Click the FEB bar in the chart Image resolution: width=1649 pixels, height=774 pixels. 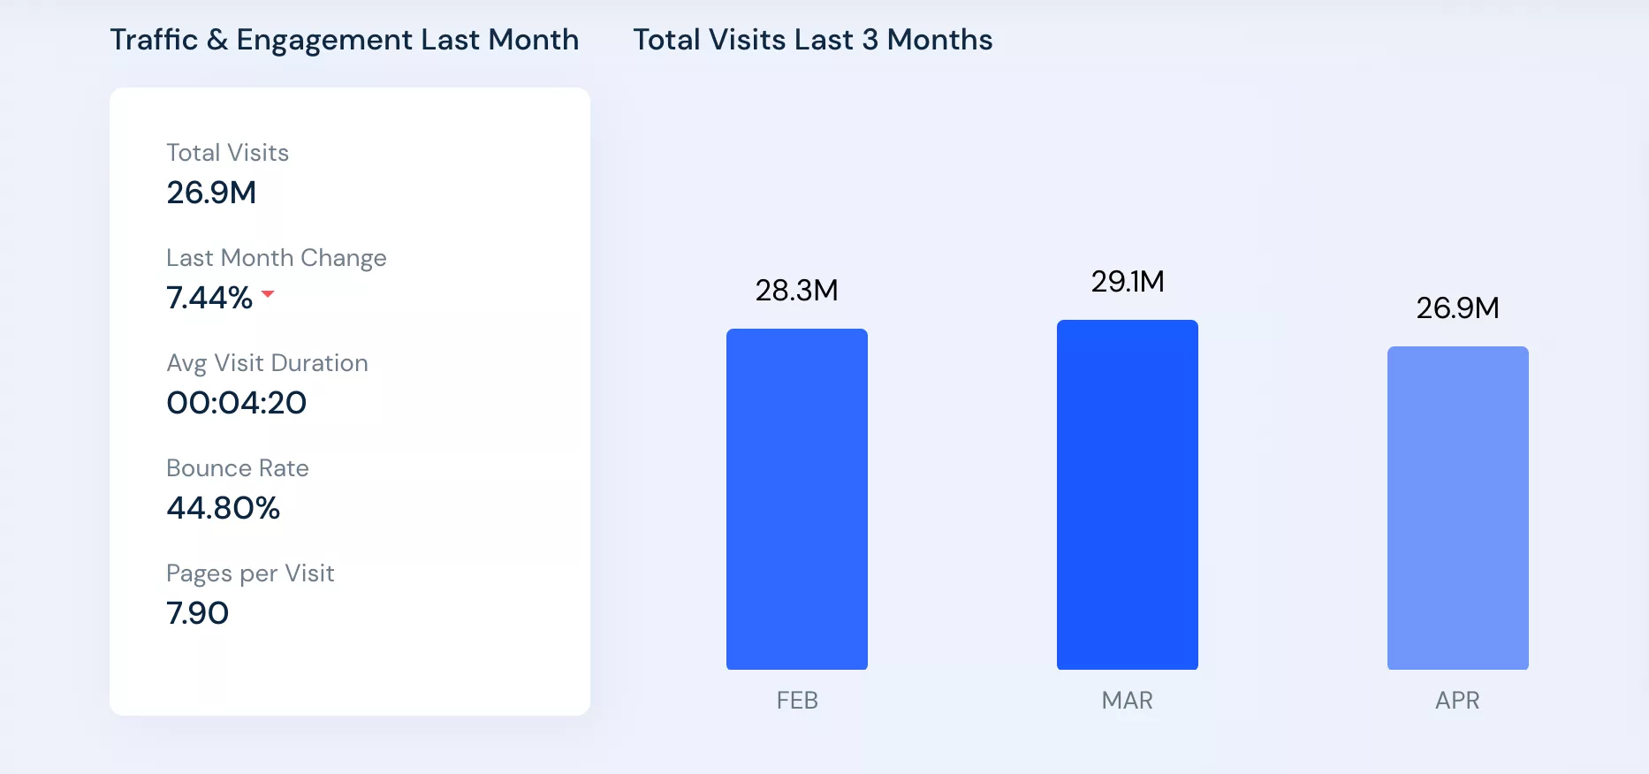796,499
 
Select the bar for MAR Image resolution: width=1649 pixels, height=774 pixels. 1127,495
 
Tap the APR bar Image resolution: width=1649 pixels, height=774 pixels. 1457,508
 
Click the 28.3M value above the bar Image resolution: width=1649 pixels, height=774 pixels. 796,291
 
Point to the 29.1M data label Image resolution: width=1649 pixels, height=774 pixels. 1127,282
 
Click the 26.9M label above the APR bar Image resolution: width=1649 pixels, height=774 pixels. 1457,308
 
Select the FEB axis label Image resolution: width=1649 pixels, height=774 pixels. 797,701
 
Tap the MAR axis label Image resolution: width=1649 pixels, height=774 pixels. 1127,701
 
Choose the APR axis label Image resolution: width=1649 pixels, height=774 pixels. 1457,701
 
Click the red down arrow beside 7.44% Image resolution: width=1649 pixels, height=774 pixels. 268,294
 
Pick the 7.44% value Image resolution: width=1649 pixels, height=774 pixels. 209,298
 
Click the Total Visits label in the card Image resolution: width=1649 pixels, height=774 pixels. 227,153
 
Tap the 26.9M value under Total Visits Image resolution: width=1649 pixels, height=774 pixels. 211,193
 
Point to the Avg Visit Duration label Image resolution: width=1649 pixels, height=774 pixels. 267,363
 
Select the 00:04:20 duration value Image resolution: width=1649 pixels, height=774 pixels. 236,403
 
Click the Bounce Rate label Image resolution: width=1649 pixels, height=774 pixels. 237,468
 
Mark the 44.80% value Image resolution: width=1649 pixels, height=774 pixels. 223,508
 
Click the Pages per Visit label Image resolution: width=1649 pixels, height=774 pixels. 250,573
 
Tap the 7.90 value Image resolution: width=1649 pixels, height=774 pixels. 197,613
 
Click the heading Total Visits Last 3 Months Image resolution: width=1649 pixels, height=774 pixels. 812,40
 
